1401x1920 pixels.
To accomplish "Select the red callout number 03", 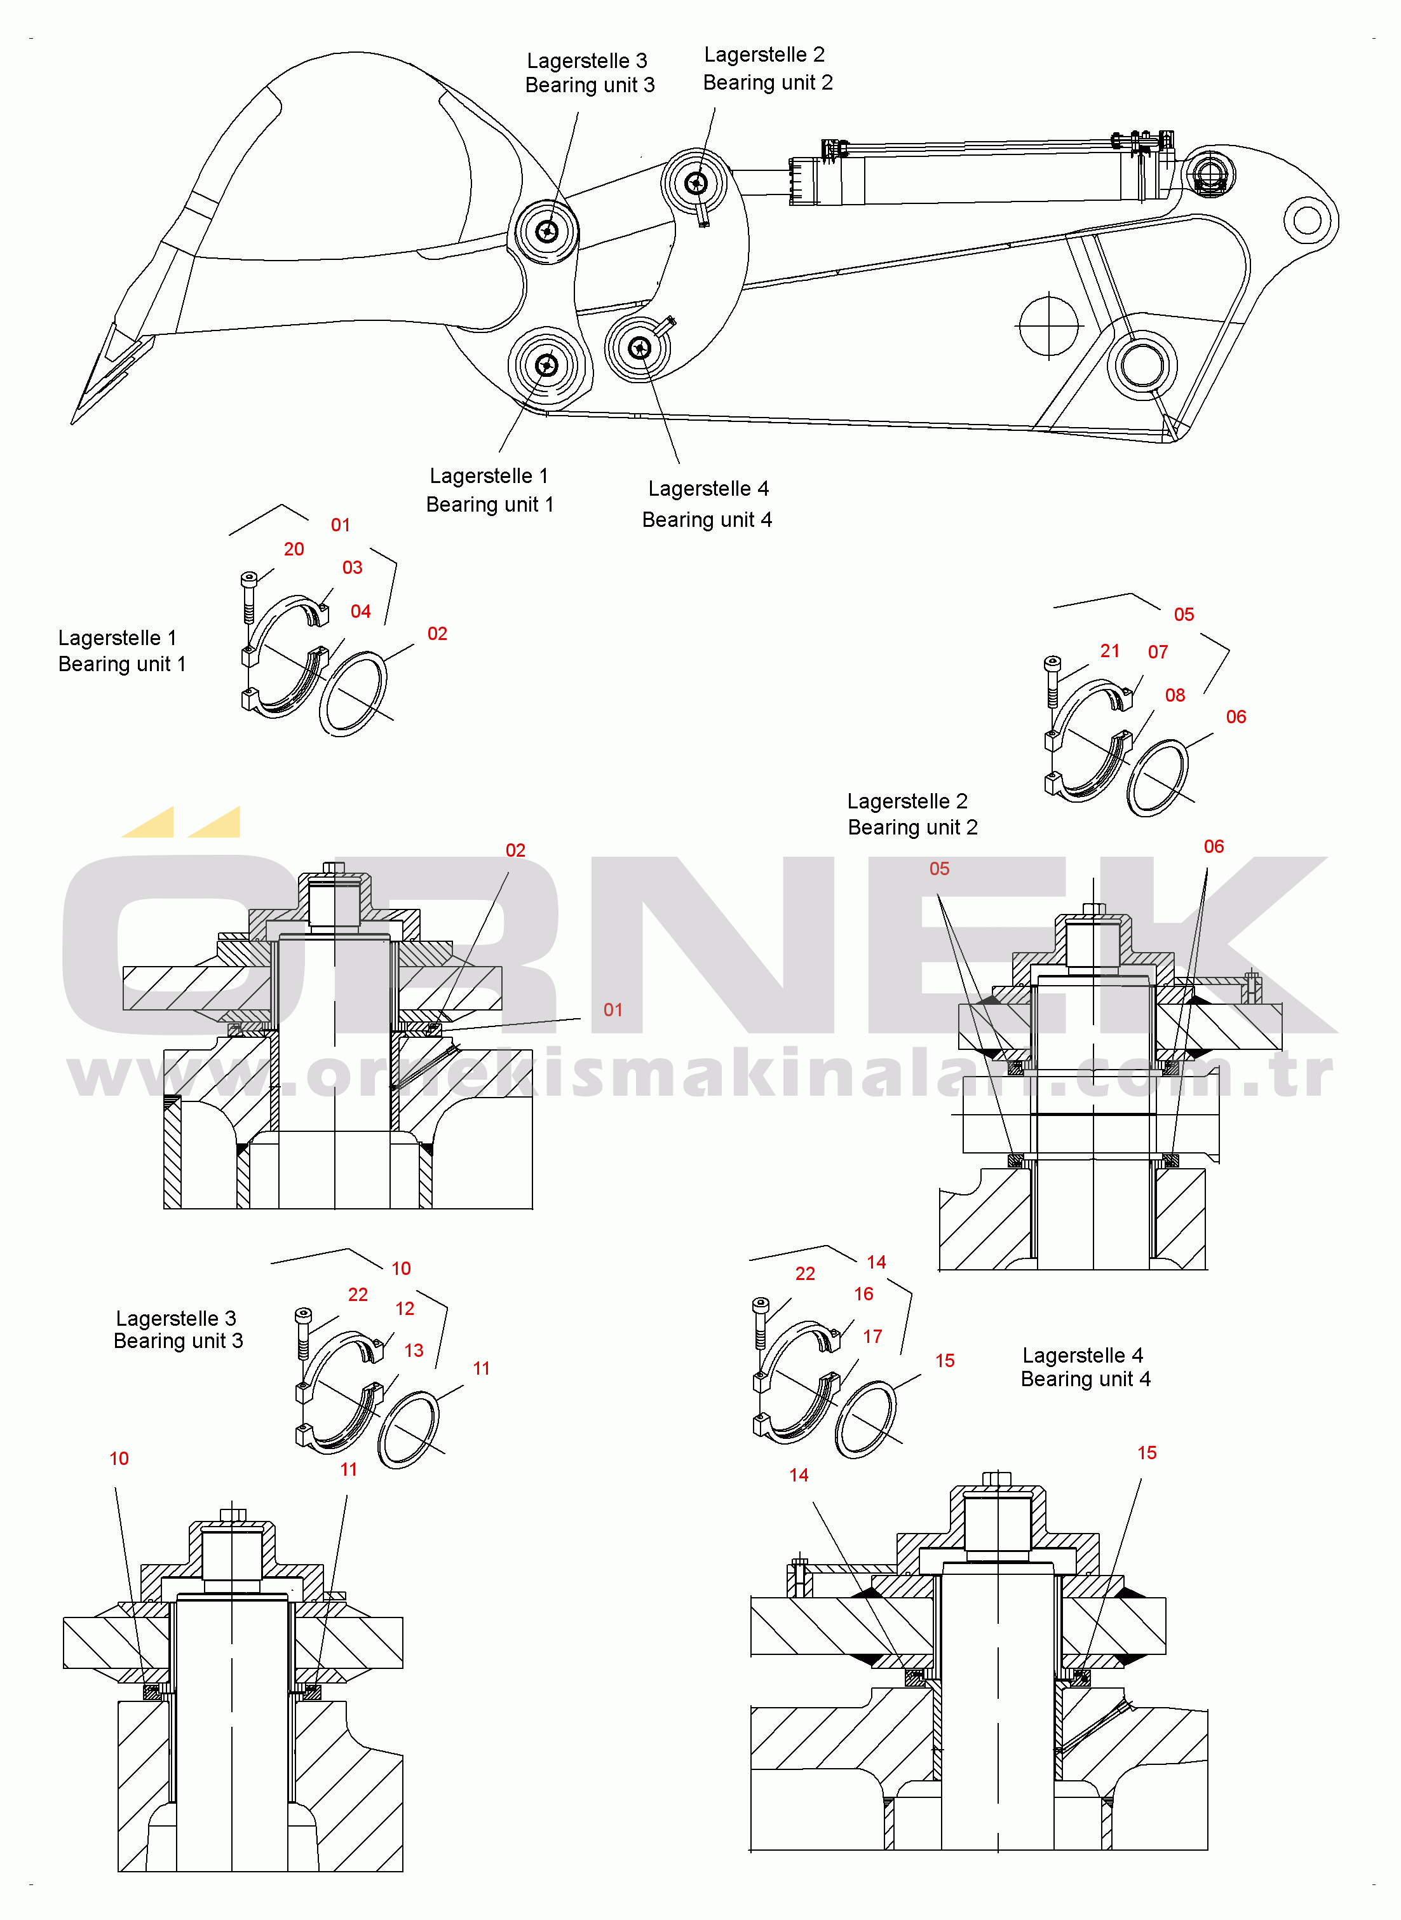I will (352, 568).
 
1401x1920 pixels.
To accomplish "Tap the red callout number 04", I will (360, 611).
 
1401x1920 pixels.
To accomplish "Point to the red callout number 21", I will (1109, 651).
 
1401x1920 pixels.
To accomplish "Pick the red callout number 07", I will (1158, 652).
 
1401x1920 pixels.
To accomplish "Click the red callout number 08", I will (1175, 695).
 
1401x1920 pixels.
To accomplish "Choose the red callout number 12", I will (405, 1309).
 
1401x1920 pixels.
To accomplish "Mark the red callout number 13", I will (413, 1350).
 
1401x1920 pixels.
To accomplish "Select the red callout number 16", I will (863, 1294).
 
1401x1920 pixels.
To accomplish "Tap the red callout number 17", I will (872, 1337).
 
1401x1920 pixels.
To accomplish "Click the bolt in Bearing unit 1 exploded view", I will (248, 598).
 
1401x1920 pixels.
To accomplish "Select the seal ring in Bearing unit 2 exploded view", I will (1157, 777).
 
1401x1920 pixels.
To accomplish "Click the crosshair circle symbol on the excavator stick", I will (1049, 325).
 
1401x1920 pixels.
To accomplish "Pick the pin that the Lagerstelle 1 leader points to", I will (547, 365).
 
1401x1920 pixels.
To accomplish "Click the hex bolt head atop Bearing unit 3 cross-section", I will (233, 1515).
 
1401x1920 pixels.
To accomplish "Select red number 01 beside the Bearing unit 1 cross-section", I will (613, 1010).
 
